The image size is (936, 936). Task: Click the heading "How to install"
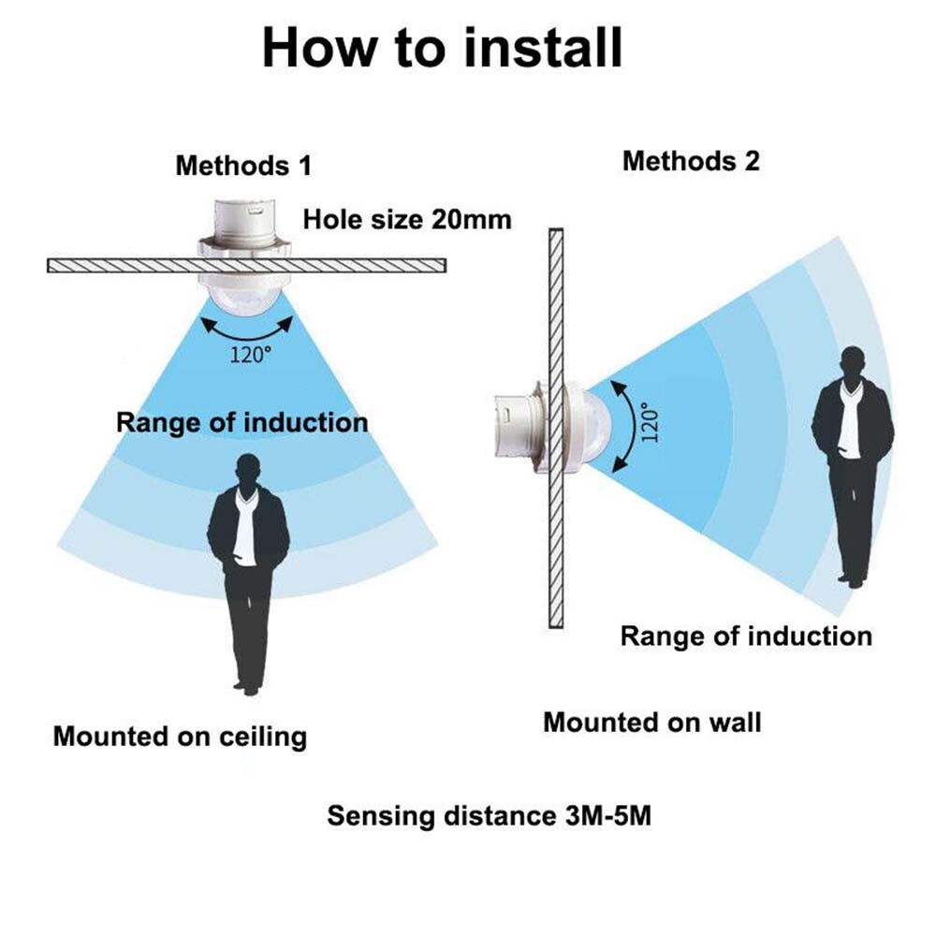pyautogui.click(x=443, y=48)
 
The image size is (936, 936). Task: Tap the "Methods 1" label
pyautogui.click(x=243, y=166)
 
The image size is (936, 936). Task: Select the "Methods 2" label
pyautogui.click(x=691, y=161)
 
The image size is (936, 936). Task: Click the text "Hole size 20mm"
pyautogui.click(x=407, y=219)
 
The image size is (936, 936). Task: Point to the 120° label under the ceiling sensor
pyautogui.click(x=251, y=355)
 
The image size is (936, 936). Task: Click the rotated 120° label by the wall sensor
pyautogui.click(x=651, y=421)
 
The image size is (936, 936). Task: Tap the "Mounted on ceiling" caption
pyautogui.click(x=180, y=736)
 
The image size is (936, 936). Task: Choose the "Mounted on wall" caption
pyautogui.click(x=651, y=723)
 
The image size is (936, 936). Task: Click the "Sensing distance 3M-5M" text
pyautogui.click(x=489, y=815)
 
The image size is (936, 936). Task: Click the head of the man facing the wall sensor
pyautogui.click(x=853, y=363)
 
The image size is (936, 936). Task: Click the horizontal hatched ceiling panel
pyautogui.click(x=246, y=265)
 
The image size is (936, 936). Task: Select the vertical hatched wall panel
pyautogui.click(x=556, y=428)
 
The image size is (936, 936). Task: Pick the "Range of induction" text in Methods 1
pyautogui.click(x=241, y=423)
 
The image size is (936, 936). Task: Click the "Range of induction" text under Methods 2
pyautogui.click(x=746, y=636)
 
